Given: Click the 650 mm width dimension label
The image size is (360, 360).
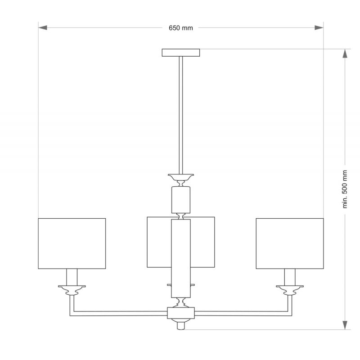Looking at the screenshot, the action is tap(181, 28).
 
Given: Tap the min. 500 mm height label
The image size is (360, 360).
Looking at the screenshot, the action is tap(345, 189).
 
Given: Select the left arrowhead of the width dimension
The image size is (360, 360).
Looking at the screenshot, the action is tap(43, 28).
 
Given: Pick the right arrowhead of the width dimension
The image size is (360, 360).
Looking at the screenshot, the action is tap(319, 28).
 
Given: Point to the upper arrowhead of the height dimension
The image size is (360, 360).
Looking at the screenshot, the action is tap(345, 54).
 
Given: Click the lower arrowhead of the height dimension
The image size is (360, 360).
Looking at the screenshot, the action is tap(345, 325).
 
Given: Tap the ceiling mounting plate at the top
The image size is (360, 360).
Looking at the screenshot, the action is tap(181, 53).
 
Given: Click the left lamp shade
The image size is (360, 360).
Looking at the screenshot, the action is tap(72, 243).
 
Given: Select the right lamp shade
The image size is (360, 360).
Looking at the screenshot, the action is tap(290, 243).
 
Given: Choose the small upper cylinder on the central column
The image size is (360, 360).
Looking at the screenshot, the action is tap(181, 200).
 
